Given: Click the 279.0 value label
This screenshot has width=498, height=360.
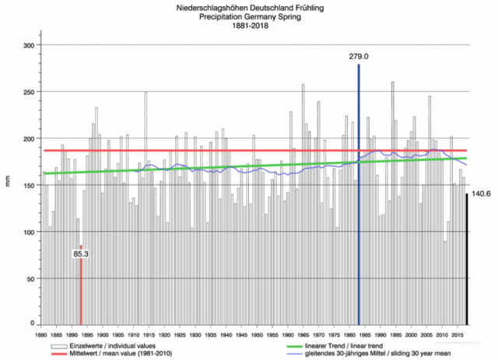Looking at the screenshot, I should click(x=358, y=57).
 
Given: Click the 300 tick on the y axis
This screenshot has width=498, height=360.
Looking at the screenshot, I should click(x=29, y=46).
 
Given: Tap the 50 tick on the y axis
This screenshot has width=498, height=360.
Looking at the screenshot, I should click(x=31, y=278).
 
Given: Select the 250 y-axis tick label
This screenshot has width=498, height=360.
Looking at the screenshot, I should click(x=29, y=93).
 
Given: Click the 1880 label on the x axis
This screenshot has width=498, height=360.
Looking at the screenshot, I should click(x=40, y=335).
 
